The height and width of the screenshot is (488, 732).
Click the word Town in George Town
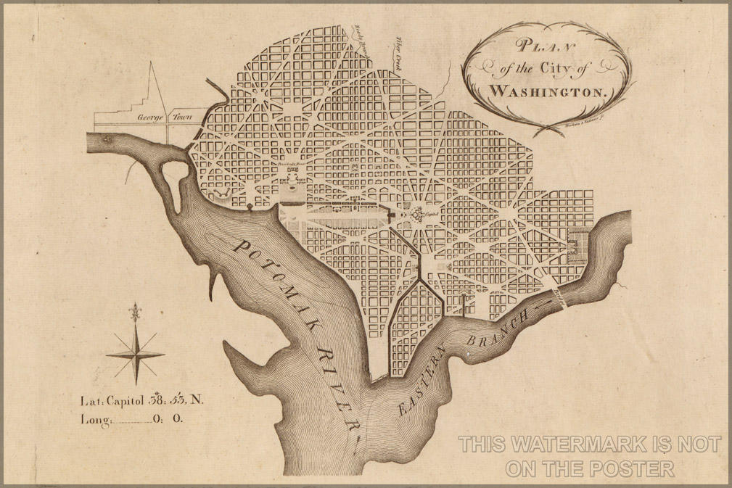coord(178,116)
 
